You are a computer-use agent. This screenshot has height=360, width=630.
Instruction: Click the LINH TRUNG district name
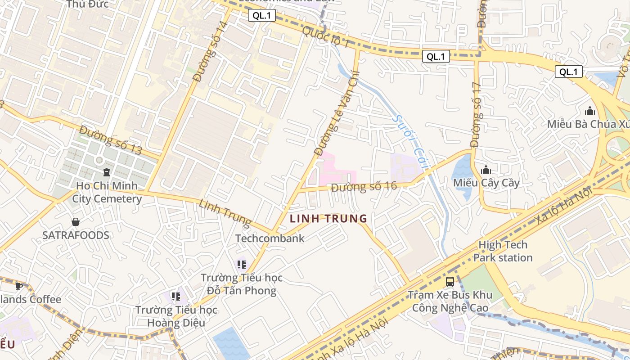point(328,219)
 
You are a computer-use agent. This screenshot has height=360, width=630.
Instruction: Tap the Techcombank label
point(270,238)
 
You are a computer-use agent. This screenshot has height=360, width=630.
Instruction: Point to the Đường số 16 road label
point(364,187)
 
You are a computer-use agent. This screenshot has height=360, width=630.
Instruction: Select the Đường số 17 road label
point(476,114)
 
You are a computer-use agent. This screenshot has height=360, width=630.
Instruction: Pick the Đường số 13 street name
point(110,140)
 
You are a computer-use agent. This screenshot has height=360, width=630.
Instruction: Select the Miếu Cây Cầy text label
point(486,183)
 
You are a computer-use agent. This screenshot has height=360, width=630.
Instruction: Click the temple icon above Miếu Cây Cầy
point(486,170)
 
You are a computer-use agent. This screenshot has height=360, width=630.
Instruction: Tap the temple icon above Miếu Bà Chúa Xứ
point(589,111)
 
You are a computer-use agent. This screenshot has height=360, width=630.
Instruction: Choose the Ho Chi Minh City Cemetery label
point(107,192)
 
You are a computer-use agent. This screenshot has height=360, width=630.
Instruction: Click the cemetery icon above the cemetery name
point(107,172)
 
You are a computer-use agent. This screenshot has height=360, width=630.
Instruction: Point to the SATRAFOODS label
point(76,235)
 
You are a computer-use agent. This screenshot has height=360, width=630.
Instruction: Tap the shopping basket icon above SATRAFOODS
point(76,222)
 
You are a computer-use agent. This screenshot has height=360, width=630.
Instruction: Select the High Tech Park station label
point(503,252)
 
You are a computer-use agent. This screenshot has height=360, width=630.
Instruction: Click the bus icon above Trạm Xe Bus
point(450,282)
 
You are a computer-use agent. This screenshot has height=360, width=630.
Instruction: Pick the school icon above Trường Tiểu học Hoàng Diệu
point(176,297)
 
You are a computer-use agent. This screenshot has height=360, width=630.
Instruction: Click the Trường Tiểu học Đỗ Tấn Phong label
point(242,284)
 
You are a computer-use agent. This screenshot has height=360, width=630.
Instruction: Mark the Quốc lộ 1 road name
point(325,37)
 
